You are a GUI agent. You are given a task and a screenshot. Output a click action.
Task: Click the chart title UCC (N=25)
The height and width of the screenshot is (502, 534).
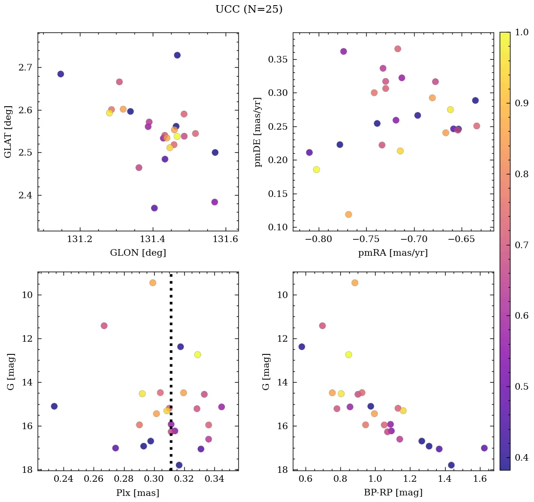tap(249, 9)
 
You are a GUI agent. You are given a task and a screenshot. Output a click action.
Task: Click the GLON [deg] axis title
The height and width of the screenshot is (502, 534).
tap(138, 253)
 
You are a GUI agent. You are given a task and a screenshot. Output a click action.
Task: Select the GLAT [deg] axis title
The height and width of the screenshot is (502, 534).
tap(8, 132)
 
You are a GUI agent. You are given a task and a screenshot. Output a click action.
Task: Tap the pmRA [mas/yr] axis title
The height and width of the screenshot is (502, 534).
tap(393, 253)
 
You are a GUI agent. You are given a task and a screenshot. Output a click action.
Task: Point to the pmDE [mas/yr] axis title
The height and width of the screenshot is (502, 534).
tap(258, 132)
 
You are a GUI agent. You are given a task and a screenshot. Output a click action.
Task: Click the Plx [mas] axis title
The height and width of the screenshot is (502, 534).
tap(138, 493)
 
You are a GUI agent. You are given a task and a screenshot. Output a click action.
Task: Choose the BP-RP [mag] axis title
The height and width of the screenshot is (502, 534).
tap(393, 493)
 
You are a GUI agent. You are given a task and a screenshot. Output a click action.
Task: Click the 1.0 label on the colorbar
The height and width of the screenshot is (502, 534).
tap(521, 32)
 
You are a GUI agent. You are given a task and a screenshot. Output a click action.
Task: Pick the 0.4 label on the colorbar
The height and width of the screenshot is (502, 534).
tap(521, 457)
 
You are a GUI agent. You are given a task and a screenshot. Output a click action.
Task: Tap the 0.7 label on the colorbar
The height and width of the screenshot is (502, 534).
tap(521, 245)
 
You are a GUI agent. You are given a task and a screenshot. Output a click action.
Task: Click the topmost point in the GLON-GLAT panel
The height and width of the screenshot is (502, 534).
tap(177, 55)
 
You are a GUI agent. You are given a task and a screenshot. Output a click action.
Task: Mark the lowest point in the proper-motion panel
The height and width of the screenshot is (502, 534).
tap(348, 214)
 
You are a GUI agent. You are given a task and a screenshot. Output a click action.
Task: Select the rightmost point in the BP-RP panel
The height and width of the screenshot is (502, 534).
tap(484, 448)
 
